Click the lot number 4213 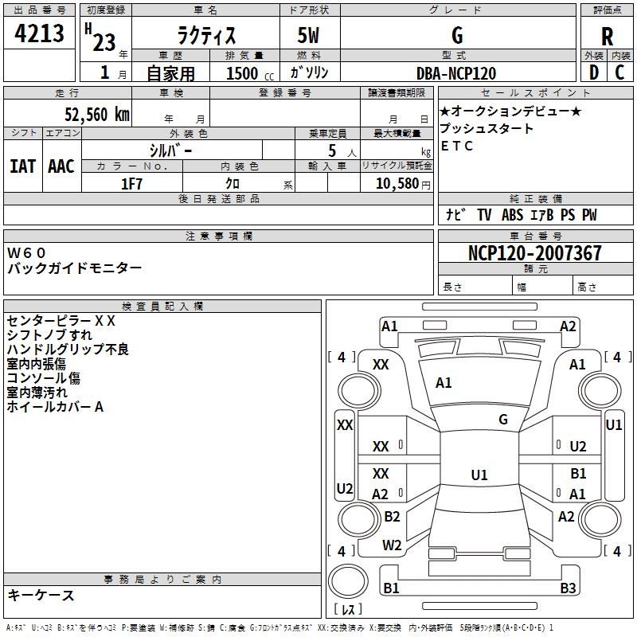pos(39,33)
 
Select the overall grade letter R pos(607,36)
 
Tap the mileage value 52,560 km pos(97,115)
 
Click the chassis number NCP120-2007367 pos(534,252)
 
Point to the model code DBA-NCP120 pos(456,73)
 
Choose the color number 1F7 pos(131,184)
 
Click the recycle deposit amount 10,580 pos(397,184)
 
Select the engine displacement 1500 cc pos(250,73)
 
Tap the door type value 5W pos(308,35)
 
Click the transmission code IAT pos(23,166)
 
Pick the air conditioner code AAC pos(61,166)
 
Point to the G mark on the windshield pos(503,420)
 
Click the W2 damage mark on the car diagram pos(392,545)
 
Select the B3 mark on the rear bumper pos(568,588)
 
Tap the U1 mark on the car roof pos(479,475)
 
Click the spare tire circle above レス pos(348,580)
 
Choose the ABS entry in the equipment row pos(512,215)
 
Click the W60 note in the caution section pos(26,252)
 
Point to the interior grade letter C pos(619,72)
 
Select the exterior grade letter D pos(594,72)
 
